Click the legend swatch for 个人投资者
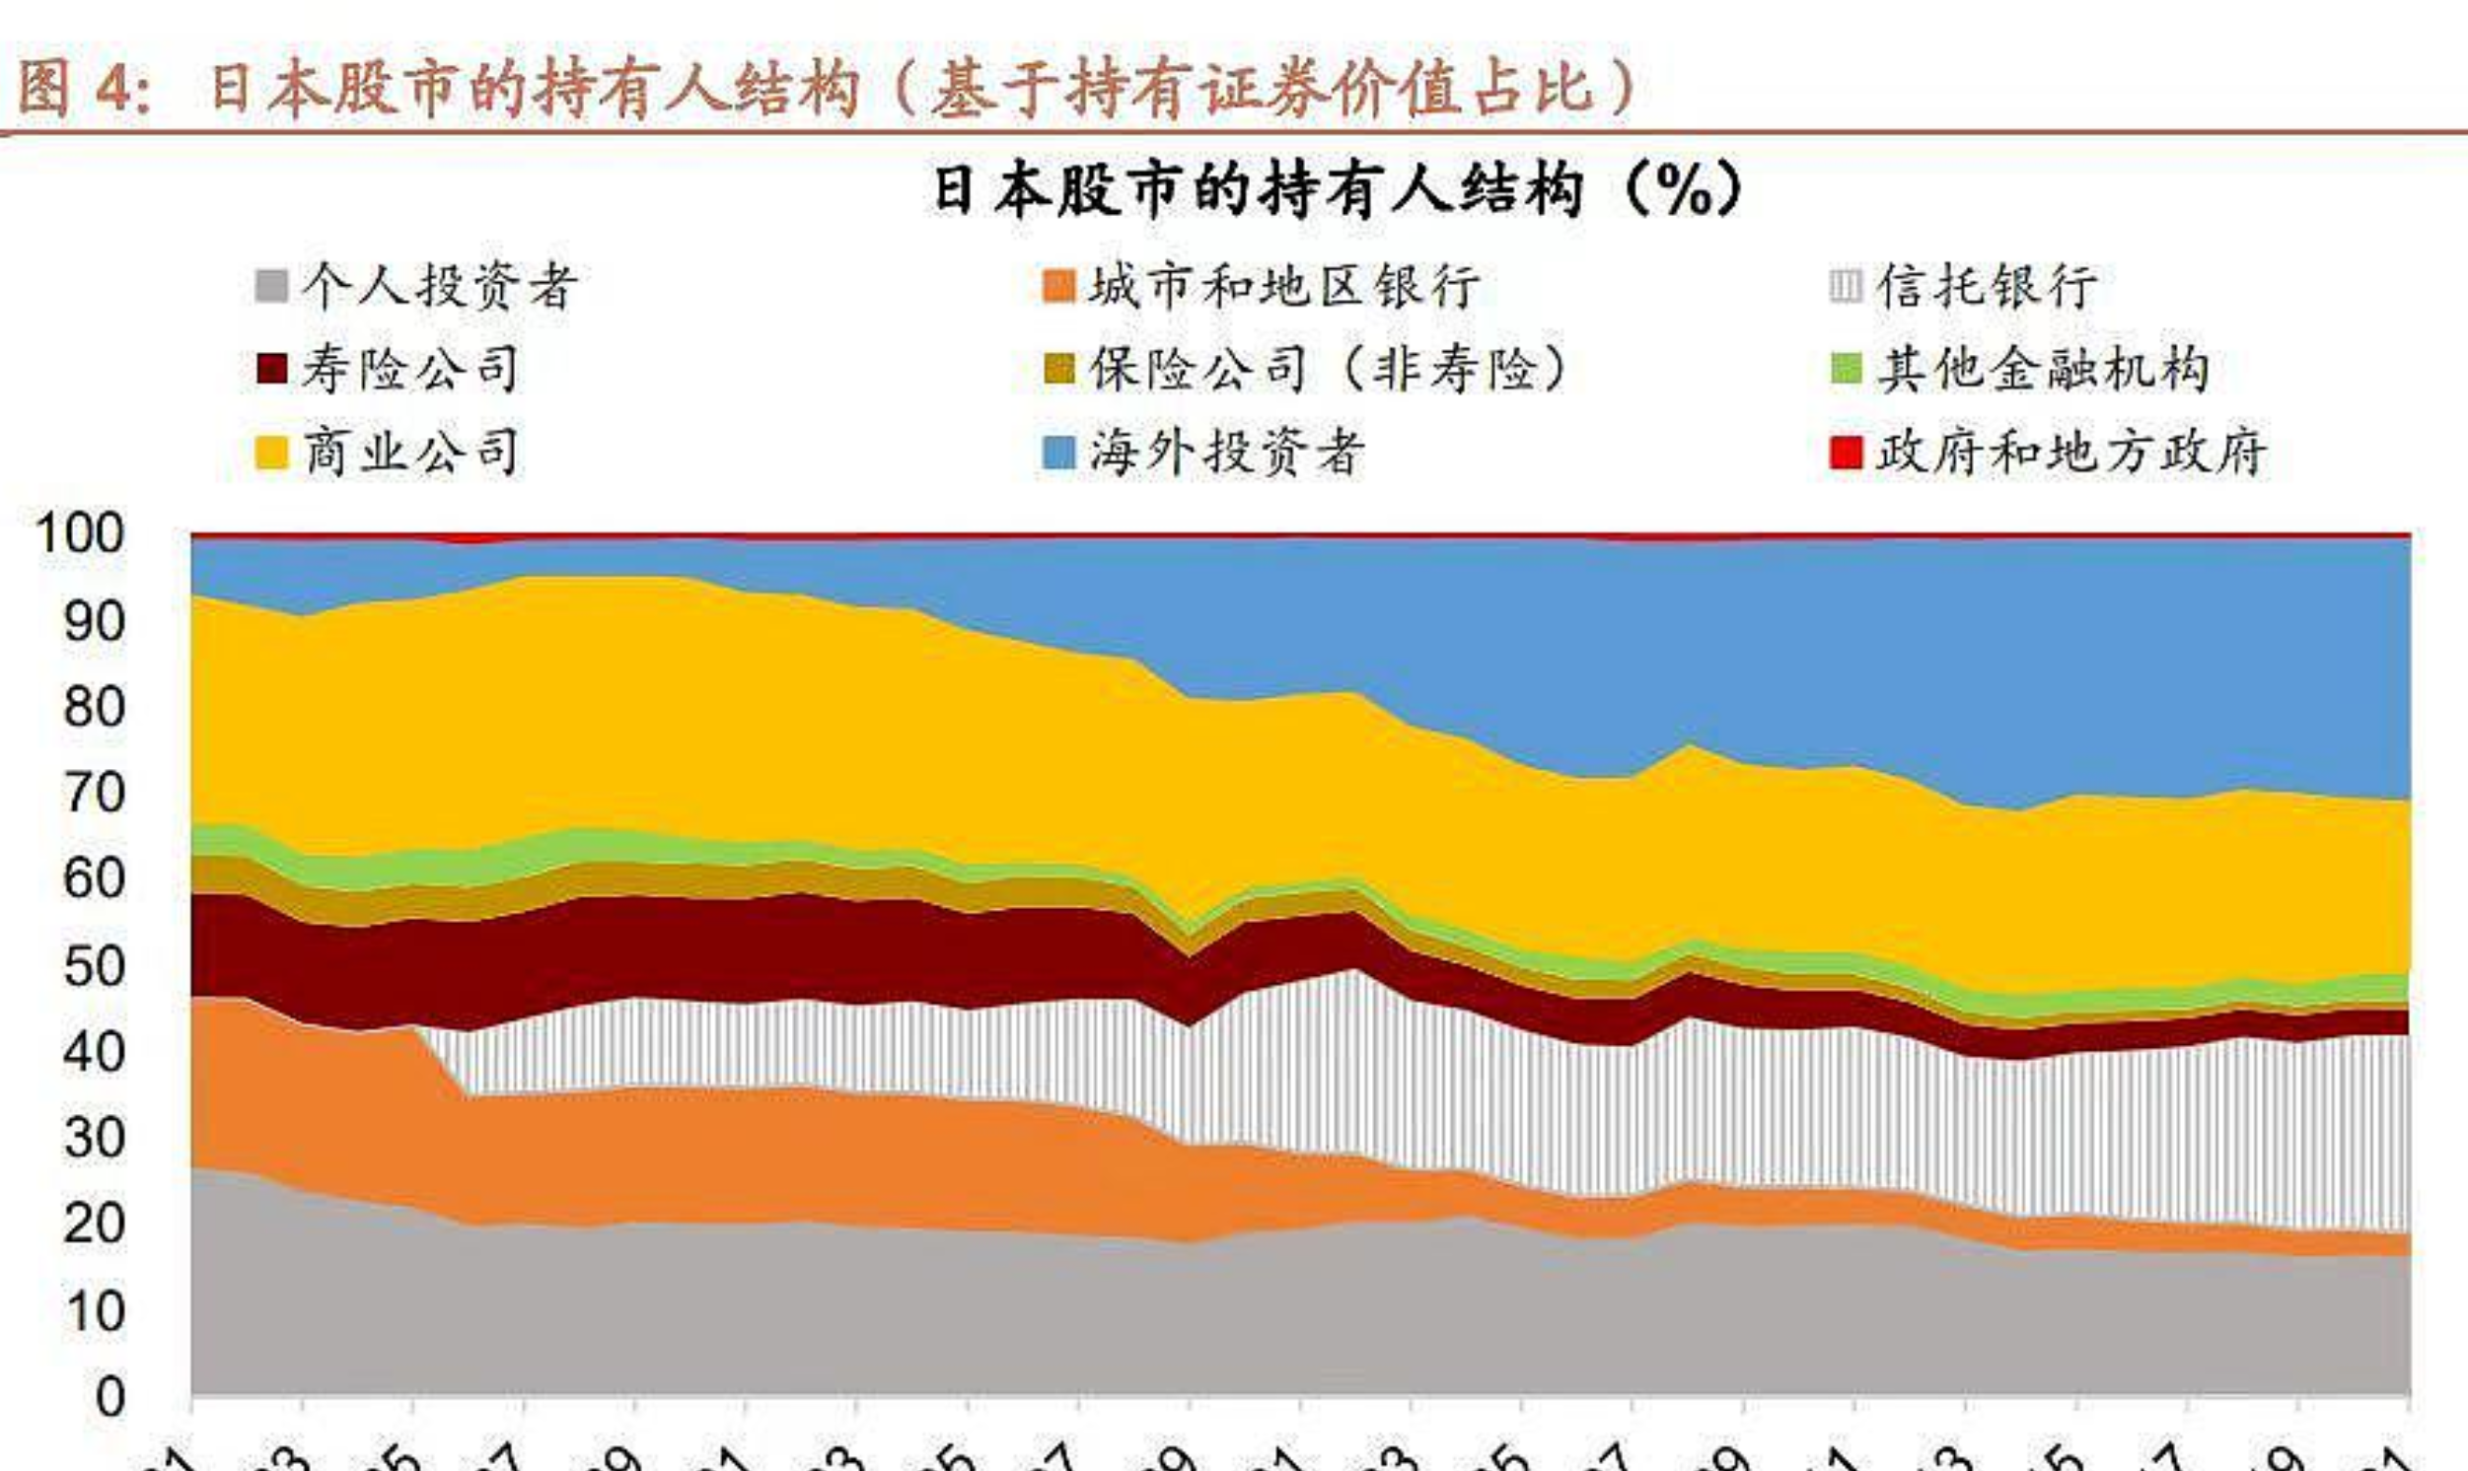tap(271, 287)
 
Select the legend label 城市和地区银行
tap(1285, 287)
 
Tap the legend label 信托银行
tap(1986, 287)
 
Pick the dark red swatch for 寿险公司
tap(271, 369)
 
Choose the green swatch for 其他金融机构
tap(1846, 369)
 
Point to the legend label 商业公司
tap(410, 453)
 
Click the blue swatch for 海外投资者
tap(1060, 453)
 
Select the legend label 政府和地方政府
tap(2071, 453)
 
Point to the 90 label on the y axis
tap(94, 621)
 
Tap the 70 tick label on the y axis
tap(94, 793)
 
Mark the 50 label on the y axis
tap(94, 965)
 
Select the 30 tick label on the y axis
tap(94, 1137)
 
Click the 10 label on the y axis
tap(94, 1310)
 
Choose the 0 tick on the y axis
tap(110, 1396)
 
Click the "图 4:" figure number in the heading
tap(85, 88)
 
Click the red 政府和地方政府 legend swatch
tap(1846, 453)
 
